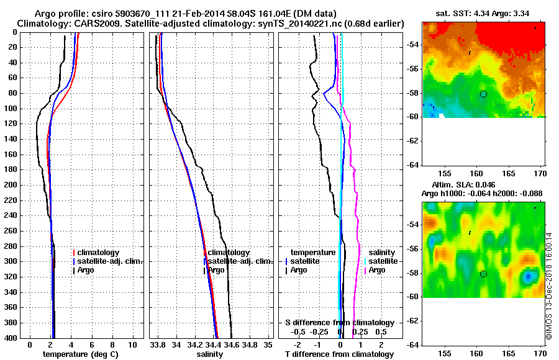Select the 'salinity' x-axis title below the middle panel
tap(210, 354)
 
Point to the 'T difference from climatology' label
tap(339, 354)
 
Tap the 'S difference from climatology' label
tap(339, 323)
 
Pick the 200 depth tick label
tap(13, 185)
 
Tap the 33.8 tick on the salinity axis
tap(158, 344)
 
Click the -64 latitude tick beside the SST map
tap(413, 165)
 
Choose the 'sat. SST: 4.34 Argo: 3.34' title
tap(482, 14)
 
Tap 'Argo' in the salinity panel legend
tap(217, 270)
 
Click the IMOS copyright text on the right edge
tap(549, 286)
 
